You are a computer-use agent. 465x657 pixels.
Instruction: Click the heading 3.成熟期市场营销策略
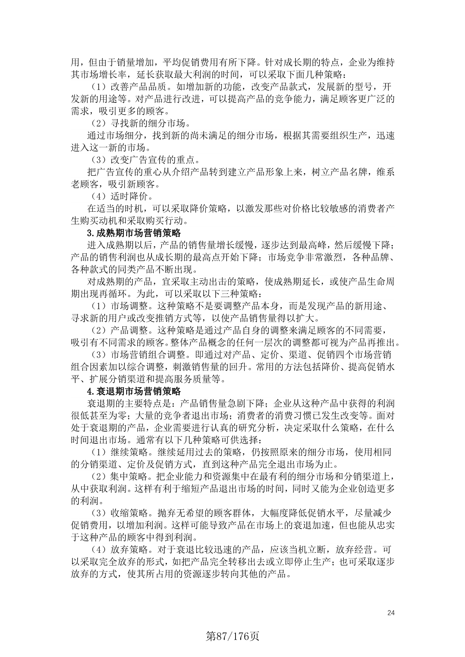(134, 233)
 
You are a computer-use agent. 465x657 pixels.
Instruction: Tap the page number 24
(391, 613)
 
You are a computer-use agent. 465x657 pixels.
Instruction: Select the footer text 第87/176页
(233, 636)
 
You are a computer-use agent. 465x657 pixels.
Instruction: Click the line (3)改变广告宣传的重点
(145, 160)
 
